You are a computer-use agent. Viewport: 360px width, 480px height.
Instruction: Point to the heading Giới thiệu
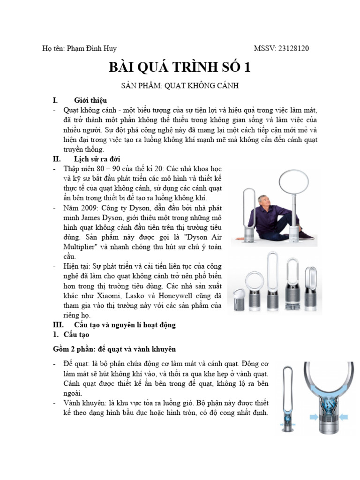point(90,100)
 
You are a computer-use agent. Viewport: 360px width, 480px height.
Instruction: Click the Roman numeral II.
point(56,159)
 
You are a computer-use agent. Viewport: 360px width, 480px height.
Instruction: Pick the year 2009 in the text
point(88,208)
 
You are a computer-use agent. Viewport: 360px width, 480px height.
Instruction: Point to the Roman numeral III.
point(57,325)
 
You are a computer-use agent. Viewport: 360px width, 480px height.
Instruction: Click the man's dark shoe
point(307,235)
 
